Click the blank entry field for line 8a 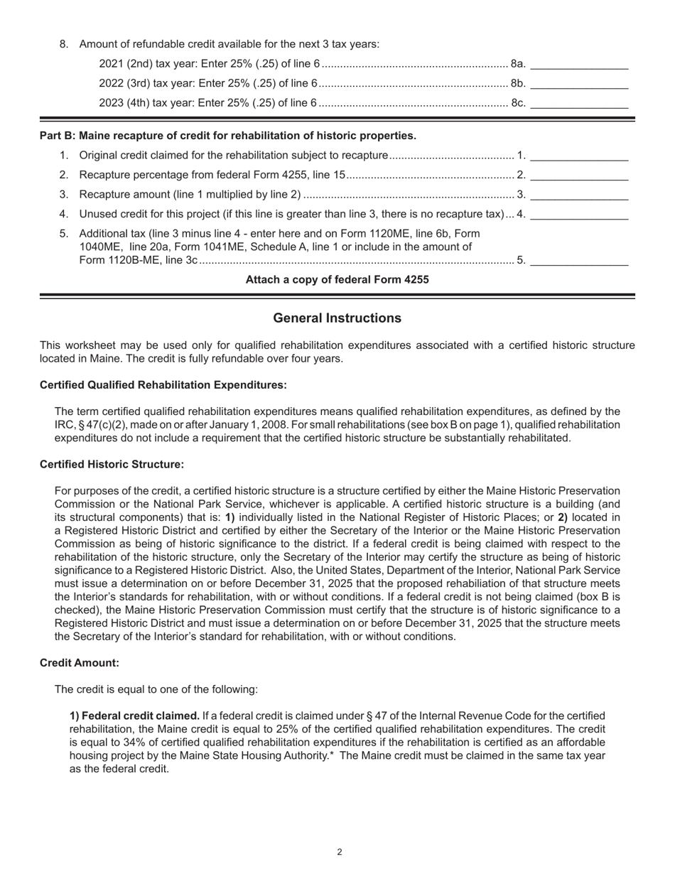[579, 64]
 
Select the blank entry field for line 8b [579, 83]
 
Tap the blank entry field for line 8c [579, 102]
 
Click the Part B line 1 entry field [579, 155]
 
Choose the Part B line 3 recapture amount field [579, 194]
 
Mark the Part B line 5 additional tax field [579, 259]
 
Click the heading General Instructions [337, 318]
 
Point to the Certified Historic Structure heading [112, 464]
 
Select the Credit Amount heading [80, 662]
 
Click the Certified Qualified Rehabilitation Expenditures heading [163, 384]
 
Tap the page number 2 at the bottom [340, 852]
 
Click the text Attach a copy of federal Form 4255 [337, 279]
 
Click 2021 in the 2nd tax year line [111, 64]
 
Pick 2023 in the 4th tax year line [111, 102]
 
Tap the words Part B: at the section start [57, 135]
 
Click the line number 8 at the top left [64, 44]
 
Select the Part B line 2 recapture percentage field [579, 175]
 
